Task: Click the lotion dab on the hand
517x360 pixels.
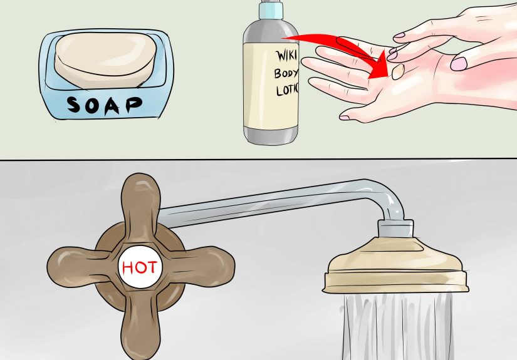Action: tap(397, 73)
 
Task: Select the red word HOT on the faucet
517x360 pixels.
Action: tap(140, 267)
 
